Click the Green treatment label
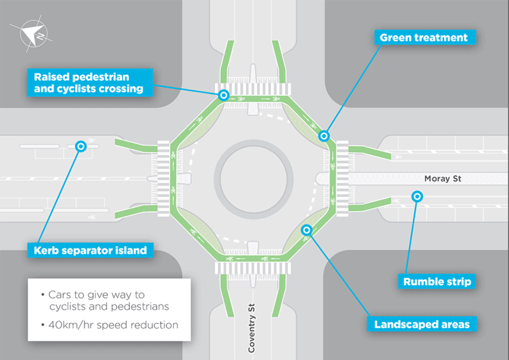point(423,38)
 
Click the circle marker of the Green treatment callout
point(324,135)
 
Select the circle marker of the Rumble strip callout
point(417,197)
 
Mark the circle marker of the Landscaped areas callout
point(307,230)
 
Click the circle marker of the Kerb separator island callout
point(81,146)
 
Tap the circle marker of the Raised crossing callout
point(223,95)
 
